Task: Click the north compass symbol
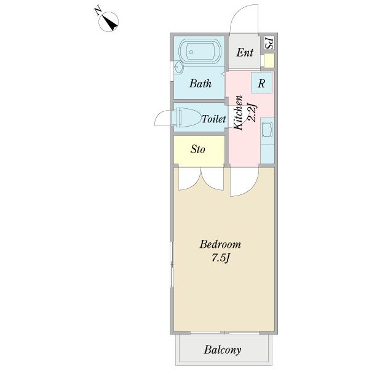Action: pyautogui.click(x=108, y=22)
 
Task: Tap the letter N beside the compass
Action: pyautogui.click(x=98, y=11)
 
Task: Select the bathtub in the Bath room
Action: pyautogui.click(x=199, y=52)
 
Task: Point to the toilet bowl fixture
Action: pyautogui.click(x=185, y=117)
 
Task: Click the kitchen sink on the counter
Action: pyautogui.click(x=268, y=129)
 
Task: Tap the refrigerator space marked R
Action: pyautogui.click(x=262, y=83)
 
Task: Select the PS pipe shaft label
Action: pyautogui.click(x=269, y=43)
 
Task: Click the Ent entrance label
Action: pyautogui.click(x=245, y=52)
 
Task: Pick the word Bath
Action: pyautogui.click(x=200, y=84)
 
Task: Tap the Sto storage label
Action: pyautogui.click(x=197, y=149)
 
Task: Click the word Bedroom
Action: pyautogui.click(x=220, y=244)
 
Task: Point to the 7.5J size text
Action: pyautogui.click(x=220, y=258)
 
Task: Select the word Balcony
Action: pyautogui.click(x=223, y=350)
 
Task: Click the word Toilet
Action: pyautogui.click(x=213, y=119)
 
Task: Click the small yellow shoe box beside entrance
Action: pyautogui.click(x=269, y=61)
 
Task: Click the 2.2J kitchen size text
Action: pyautogui.click(x=252, y=113)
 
